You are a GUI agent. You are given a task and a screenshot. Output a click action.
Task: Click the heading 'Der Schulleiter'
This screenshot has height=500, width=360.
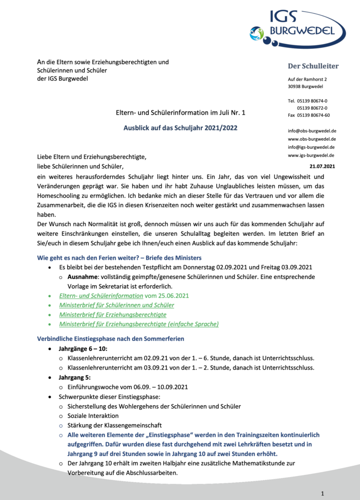click(x=313, y=66)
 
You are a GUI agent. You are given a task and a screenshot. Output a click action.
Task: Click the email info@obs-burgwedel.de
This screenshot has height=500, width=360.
click(x=312, y=131)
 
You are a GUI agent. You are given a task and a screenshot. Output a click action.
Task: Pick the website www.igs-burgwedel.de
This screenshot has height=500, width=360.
click(x=311, y=155)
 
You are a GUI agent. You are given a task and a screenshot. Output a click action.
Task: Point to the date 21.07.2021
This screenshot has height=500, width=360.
click(x=322, y=166)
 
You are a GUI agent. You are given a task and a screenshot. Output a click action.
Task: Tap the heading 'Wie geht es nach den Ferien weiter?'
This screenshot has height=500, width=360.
click(x=92, y=258)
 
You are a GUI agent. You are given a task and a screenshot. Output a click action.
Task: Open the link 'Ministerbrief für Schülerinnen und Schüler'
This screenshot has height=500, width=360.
click(x=117, y=305)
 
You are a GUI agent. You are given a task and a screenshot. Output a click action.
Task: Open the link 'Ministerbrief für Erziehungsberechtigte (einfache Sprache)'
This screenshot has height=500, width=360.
click(x=139, y=324)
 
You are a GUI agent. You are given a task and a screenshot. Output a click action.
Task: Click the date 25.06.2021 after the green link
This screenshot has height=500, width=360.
click(x=173, y=296)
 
